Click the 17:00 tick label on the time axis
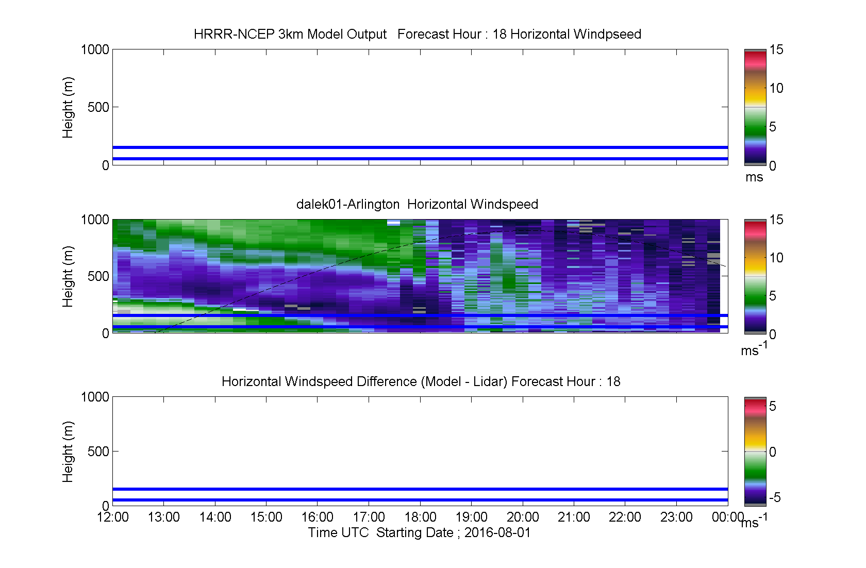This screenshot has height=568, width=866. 369,517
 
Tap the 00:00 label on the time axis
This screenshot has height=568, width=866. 728,517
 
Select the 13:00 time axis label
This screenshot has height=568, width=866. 163,517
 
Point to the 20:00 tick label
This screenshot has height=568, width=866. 523,517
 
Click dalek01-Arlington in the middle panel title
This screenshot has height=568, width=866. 347,204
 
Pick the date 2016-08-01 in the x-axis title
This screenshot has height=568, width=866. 497,532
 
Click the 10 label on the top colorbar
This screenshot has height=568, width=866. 776,88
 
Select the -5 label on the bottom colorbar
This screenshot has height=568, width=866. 775,497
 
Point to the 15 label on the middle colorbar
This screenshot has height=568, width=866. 776,220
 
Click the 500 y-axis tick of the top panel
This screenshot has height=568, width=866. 98,107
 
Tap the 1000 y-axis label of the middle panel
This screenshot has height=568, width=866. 95,220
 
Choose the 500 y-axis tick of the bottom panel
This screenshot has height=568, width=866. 98,451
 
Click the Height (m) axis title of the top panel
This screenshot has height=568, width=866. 68,108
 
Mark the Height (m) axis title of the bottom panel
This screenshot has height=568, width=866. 68,452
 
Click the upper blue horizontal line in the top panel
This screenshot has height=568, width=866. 420,147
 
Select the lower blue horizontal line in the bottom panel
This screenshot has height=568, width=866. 420,500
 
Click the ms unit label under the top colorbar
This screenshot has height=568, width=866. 754,177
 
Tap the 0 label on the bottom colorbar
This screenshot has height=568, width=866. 772,452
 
